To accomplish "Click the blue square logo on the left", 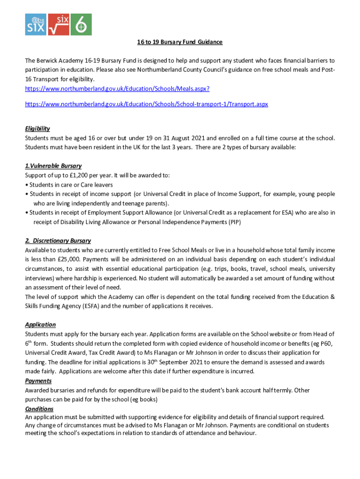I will pos(36,24).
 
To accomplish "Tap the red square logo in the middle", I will pos(58,24).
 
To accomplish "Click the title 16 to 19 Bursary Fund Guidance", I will pos(180,42).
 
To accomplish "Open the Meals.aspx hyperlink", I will pos(117,88).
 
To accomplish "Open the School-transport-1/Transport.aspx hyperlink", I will pos(146,104).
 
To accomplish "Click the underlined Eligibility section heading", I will pos(37,129).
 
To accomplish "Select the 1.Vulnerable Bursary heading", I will pos(53,166).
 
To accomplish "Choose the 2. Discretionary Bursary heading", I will pos(58,240).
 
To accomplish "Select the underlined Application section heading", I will pos(40,325).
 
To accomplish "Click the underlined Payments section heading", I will pos(38,381).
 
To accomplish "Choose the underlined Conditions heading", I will pos(39,409).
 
